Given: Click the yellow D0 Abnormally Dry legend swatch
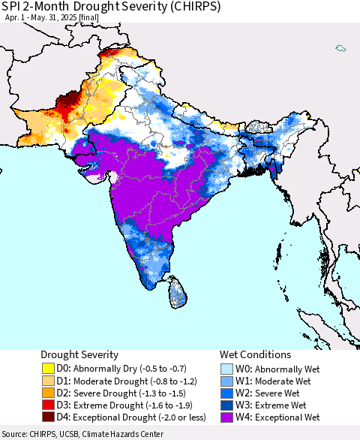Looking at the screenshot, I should click(x=48, y=369).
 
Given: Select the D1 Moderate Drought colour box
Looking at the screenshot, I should click(x=48, y=381).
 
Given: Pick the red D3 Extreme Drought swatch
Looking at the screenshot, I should click(x=48, y=405).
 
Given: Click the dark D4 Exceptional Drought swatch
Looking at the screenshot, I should click(x=48, y=417).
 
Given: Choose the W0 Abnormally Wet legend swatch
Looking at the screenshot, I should click(x=227, y=369).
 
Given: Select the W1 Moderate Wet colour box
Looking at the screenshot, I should click(x=227, y=381).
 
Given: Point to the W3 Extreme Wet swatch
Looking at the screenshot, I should click(x=227, y=405).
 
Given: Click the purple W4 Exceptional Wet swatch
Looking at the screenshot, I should click(x=227, y=417).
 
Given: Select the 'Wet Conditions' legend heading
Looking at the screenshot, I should click(x=255, y=354).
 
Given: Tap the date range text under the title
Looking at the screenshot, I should click(x=45, y=19).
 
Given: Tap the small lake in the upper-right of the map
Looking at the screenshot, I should click(x=340, y=49).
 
